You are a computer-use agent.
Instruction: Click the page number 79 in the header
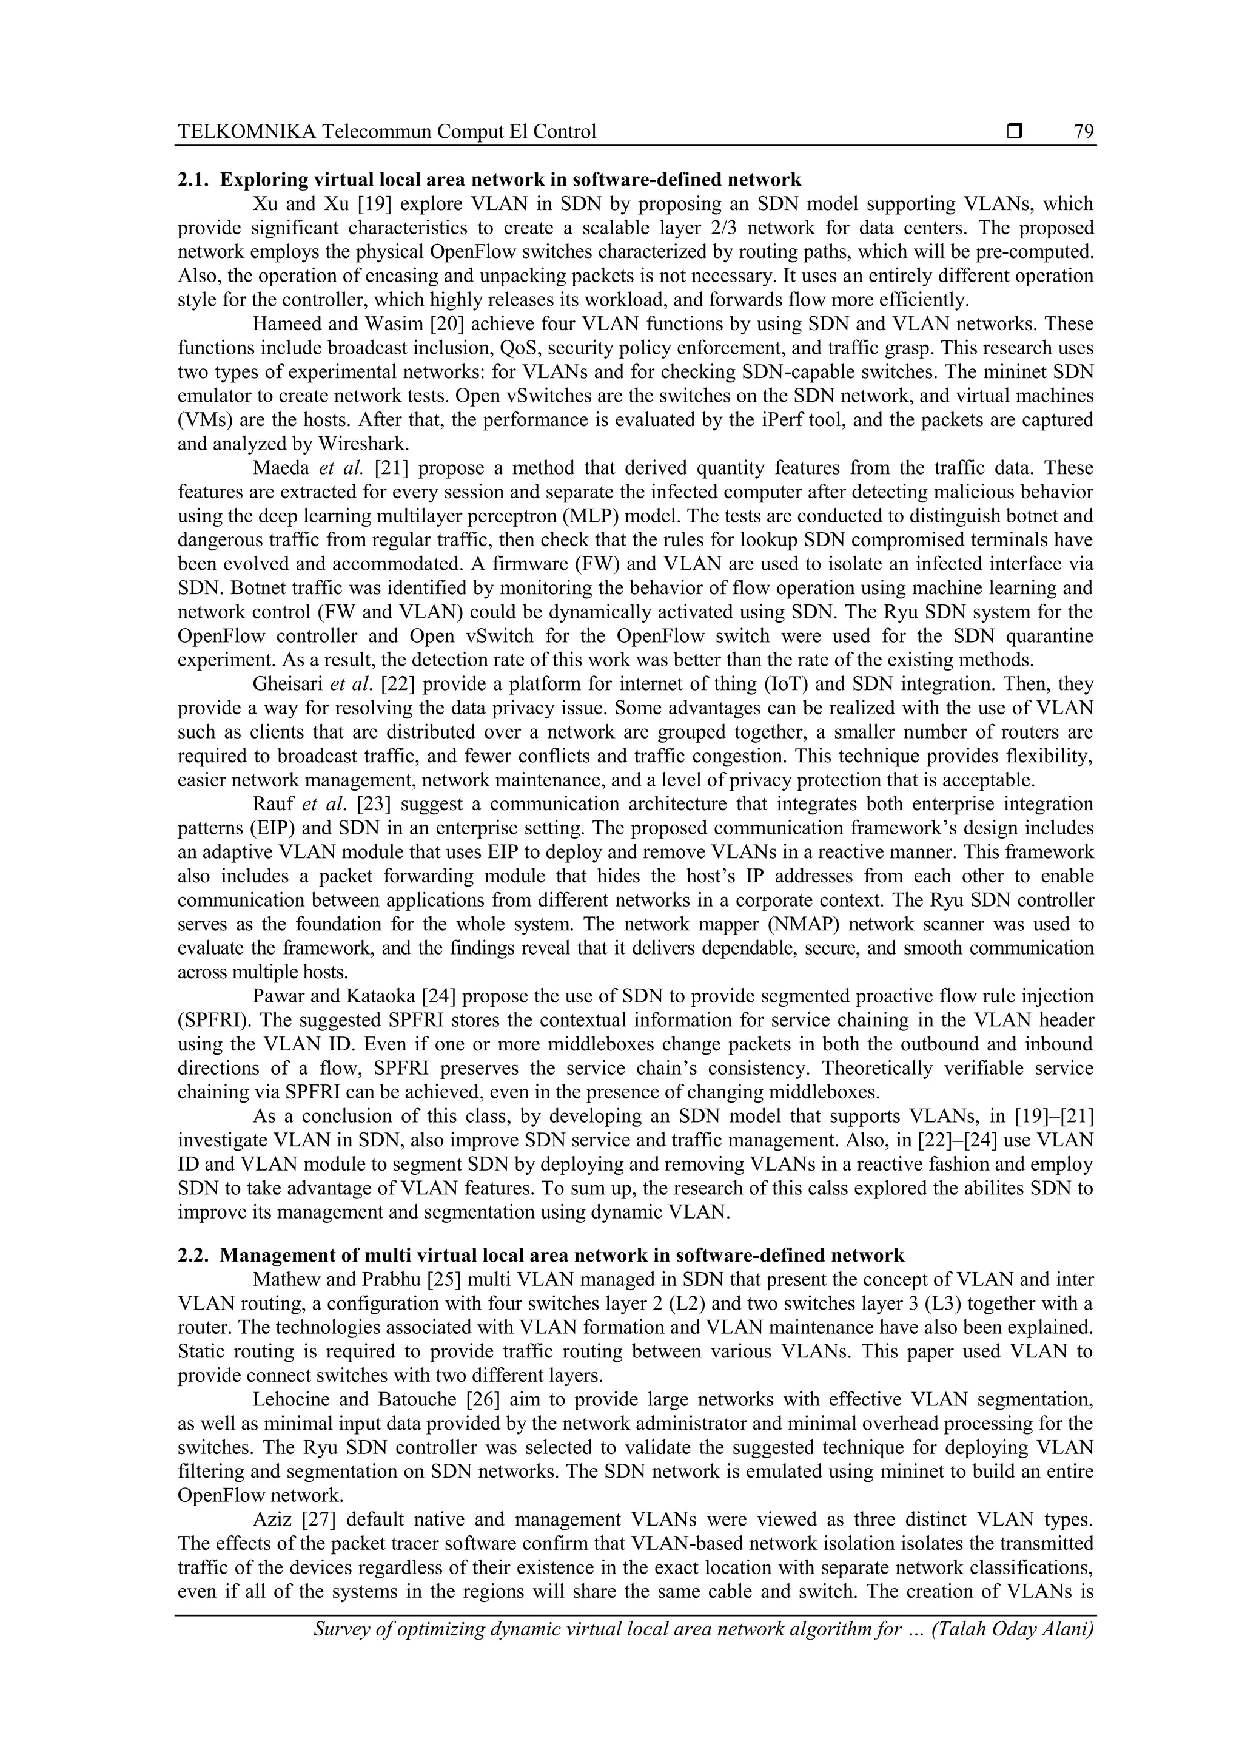tap(1084, 132)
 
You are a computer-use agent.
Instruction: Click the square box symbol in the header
tap(1015, 132)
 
